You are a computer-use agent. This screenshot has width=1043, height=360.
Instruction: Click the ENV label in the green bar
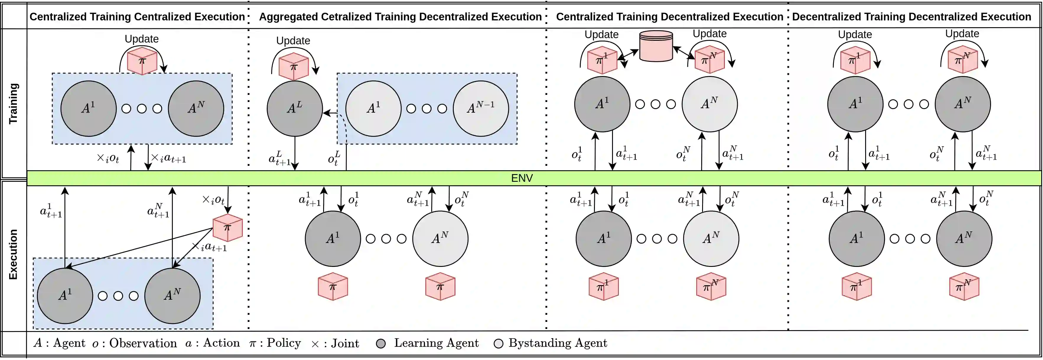click(522, 178)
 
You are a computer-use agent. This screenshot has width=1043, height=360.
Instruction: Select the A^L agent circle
click(294, 108)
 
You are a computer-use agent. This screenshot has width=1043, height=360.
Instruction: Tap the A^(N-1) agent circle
click(481, 108)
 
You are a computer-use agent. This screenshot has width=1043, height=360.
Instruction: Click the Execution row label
click(13, 254)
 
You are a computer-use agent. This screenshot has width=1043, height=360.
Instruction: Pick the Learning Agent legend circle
click(380, 344)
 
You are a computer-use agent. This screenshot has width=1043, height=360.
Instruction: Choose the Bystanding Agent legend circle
click(498, 344)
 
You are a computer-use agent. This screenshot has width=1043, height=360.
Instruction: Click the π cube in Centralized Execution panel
click(227, 228)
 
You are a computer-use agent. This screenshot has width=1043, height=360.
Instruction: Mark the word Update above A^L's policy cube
click(293, 40)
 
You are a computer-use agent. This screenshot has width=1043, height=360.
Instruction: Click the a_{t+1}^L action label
click(279, 159)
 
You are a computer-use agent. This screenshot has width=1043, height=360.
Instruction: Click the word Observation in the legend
click(143, 343)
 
